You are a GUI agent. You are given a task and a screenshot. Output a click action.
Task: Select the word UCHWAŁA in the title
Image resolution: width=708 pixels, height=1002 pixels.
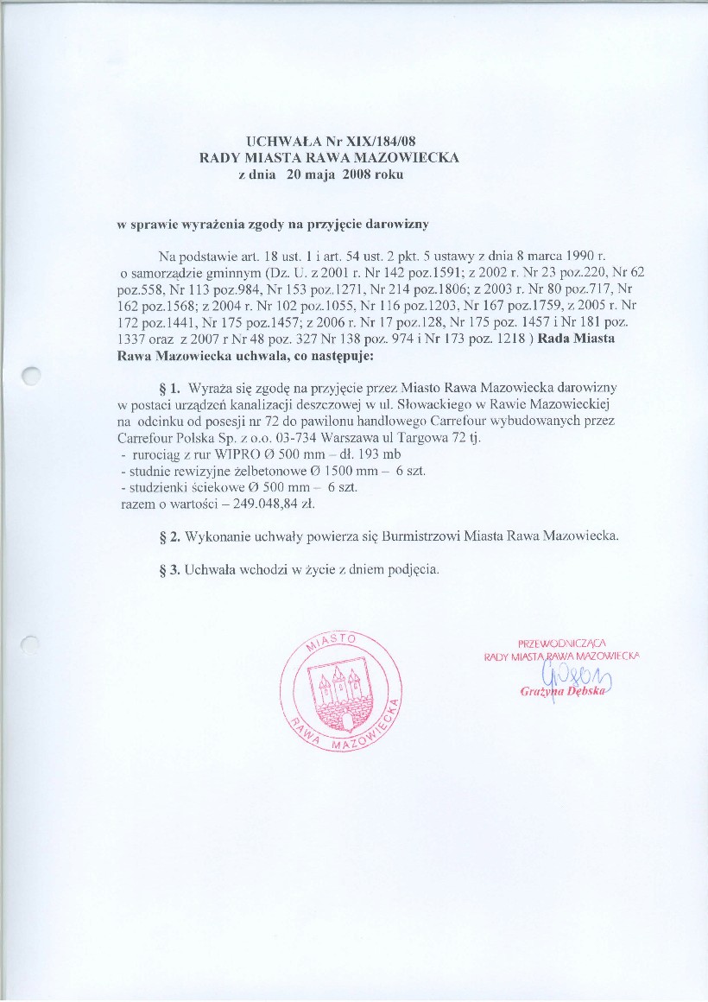tap(276, 140)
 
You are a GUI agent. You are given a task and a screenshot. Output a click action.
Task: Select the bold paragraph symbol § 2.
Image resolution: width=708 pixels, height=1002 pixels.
tap(170, 536)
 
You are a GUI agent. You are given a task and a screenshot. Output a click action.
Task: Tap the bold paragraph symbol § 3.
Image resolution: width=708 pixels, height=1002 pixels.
tap(170, 569)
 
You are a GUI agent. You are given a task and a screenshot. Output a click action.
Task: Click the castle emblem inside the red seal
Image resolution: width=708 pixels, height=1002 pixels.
tap(340, 692)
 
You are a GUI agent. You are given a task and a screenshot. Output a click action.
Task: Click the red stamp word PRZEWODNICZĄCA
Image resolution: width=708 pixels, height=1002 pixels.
tap(563, 643)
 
